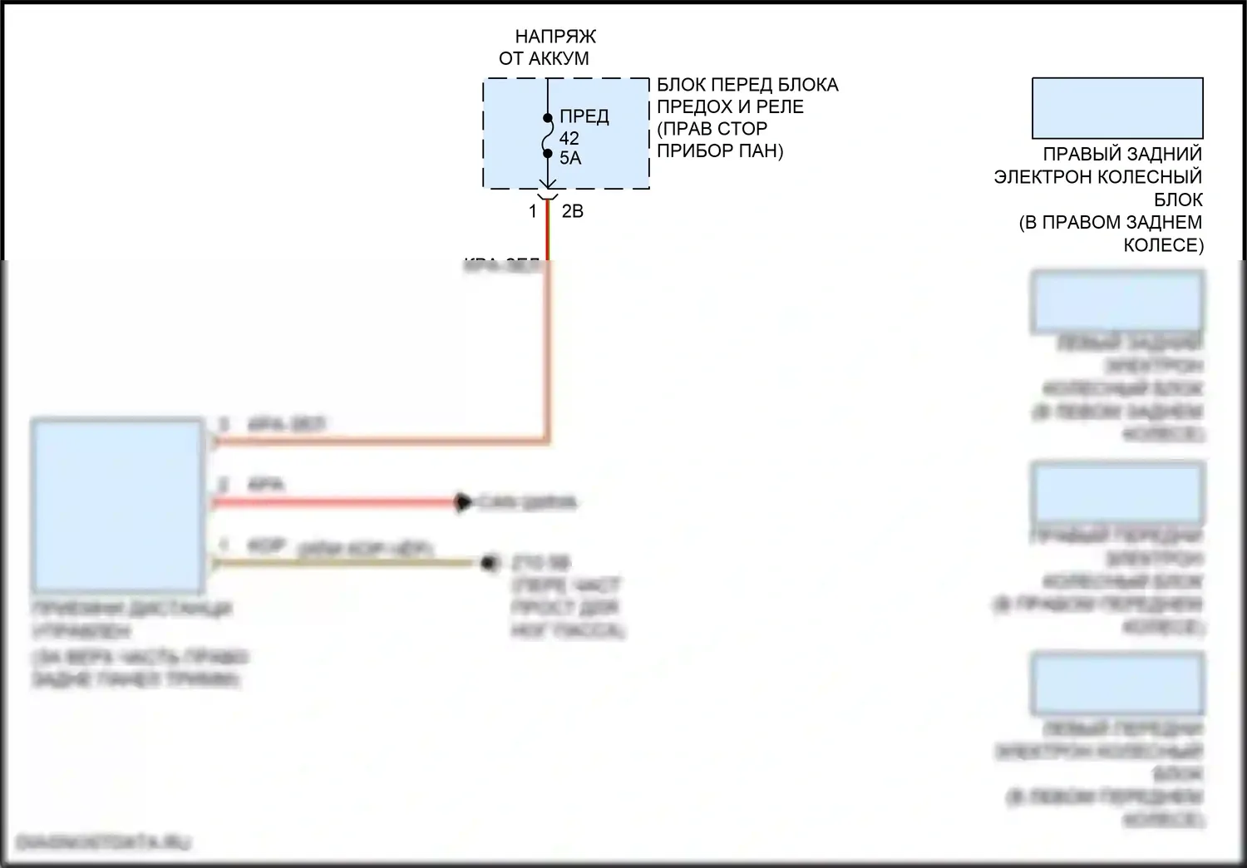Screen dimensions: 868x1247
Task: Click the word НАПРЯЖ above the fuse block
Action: click(554, 37)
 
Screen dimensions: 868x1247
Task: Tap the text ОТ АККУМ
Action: click(544, 58)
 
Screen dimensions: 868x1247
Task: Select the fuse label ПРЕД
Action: click(584, 116)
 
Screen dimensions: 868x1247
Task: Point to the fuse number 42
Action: click(569, 138)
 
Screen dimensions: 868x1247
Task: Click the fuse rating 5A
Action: click(570, 158)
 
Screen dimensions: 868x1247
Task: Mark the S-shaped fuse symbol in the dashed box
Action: click(548, 136)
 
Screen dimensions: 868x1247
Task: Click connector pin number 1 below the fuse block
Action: click(533, 212)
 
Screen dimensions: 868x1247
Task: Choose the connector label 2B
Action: click(573, 212)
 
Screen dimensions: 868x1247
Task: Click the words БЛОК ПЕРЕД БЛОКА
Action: click(747, 85)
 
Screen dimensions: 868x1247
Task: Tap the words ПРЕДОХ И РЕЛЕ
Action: click(730, 107)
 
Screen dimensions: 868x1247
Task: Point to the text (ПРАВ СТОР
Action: click(712, 129)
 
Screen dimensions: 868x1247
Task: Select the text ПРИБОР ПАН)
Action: click(720, 151)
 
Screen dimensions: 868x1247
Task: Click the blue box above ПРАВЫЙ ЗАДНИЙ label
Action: click(1117, 108)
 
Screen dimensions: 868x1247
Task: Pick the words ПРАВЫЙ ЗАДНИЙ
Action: click(1122, 155)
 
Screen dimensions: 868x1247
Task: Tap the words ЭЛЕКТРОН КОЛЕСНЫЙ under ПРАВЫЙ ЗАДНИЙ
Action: click(1098, 177)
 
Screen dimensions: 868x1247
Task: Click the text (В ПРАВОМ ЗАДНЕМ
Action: click(1111, 223)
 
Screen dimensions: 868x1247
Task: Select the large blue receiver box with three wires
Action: click(117, 506)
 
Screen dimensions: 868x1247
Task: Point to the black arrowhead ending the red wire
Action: click(461, 502)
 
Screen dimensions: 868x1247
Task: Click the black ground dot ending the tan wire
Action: click(490, 563)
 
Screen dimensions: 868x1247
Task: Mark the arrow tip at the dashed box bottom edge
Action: click(548, 187)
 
